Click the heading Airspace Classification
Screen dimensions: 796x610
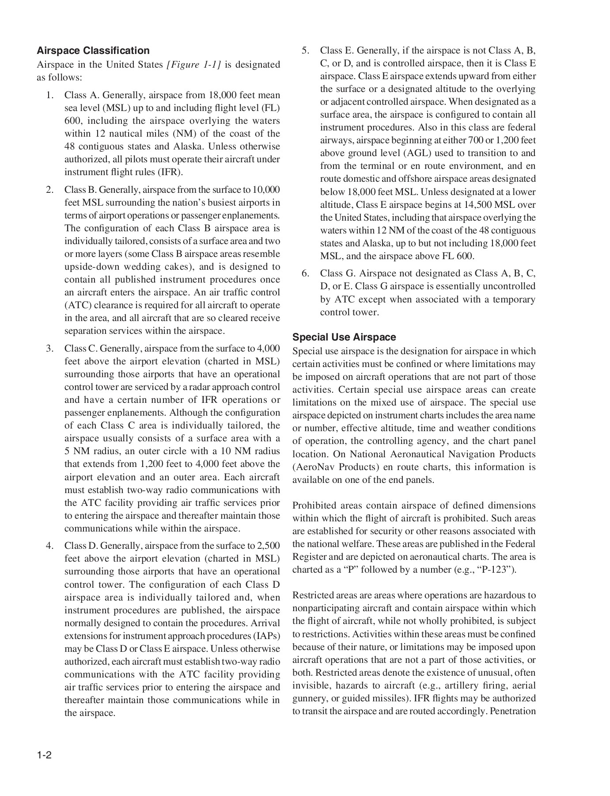(93, 50)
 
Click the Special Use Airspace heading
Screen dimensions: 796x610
(344, 337)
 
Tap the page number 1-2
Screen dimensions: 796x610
(45, 755)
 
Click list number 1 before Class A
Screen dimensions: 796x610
(50, 95)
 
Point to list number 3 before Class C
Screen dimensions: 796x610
(50, 348)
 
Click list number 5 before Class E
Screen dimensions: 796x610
(305, 50)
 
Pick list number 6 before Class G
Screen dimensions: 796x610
(305, 273)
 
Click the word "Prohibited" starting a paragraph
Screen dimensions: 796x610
(314, 505)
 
